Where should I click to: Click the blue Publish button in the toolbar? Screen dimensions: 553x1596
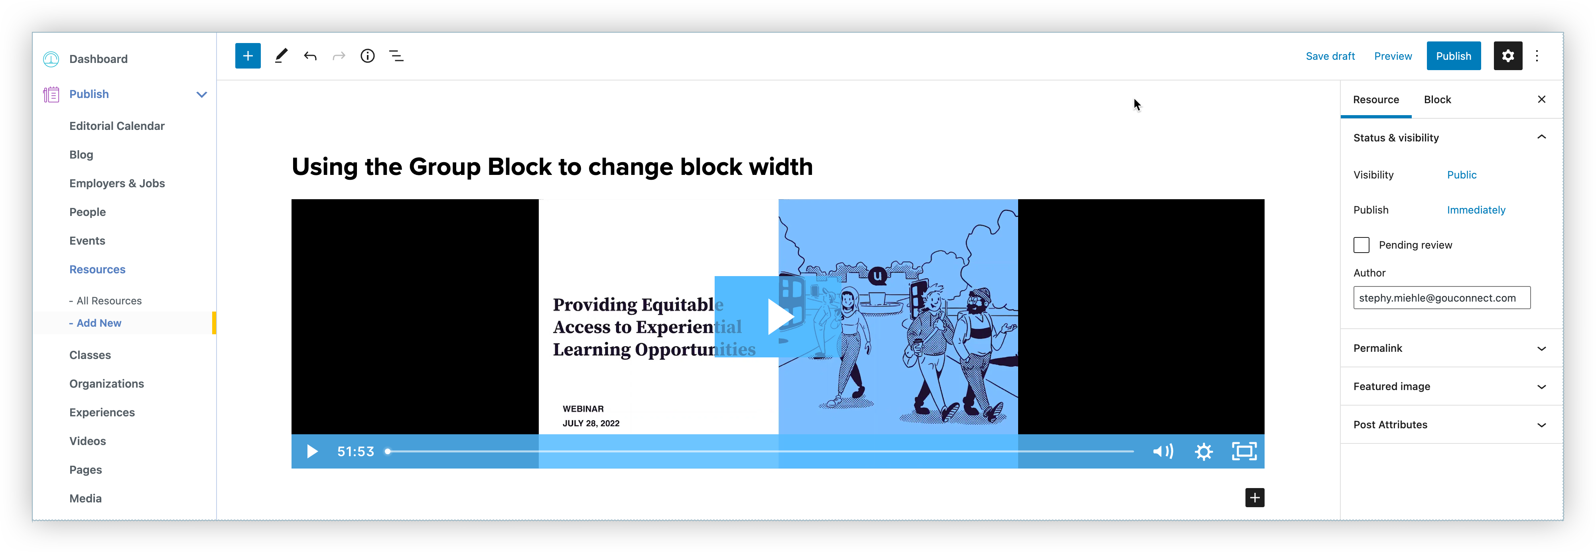pyautogui.click(x=1453, y=56)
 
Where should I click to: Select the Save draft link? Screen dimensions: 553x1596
pyautogui.click(x=1330, y=56)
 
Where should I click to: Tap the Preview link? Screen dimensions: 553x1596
pyautogui.click(x=1393, y=56)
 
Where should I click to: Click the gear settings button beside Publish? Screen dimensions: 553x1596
pyautogui.click(x=1507, y=56)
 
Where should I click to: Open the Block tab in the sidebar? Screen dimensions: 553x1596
pyautogui.click(x=1437, y=100)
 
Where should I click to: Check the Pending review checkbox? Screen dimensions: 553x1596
pyautogui.click(x=1361, y=245)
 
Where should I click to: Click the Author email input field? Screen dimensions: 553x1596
pyautogui.click(x=1441, y=298)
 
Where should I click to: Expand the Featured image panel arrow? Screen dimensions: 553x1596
pyautogui.click(x=1541, y=387)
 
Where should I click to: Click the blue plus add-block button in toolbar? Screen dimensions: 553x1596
pyautogui.click(x=248, y=56)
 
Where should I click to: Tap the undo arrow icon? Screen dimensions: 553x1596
pyautogui.click(x=310, y=56)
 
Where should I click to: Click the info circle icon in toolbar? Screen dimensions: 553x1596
pyautogui.click(x=367, y=56)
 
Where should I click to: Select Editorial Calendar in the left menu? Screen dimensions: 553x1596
pyautogui.click(x=116, y=126)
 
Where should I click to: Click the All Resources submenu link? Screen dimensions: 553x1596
pyautogui.click(x=109, y=301)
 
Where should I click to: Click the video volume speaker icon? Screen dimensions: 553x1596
pyautogui.click(x=1162, y=451)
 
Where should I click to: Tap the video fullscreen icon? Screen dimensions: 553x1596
pyautogui.click(x=1243, y=451)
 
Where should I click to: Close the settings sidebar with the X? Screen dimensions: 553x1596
pyautogui.click(x=1541, y=100)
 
